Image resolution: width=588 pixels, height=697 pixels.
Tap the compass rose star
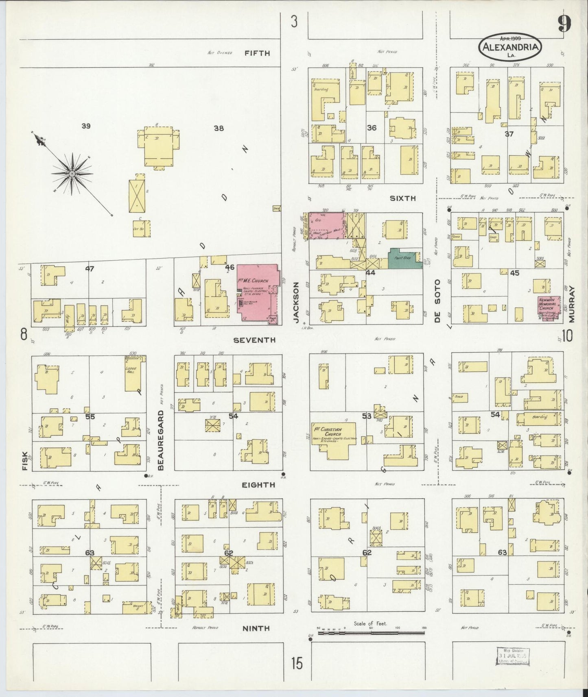click(x=72, y=174)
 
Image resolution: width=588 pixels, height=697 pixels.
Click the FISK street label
click(x=25, y=461)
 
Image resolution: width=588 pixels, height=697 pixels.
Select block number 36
click(x=371, y=128)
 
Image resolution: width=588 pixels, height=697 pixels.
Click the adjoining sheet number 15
click(x=297, y=664)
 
